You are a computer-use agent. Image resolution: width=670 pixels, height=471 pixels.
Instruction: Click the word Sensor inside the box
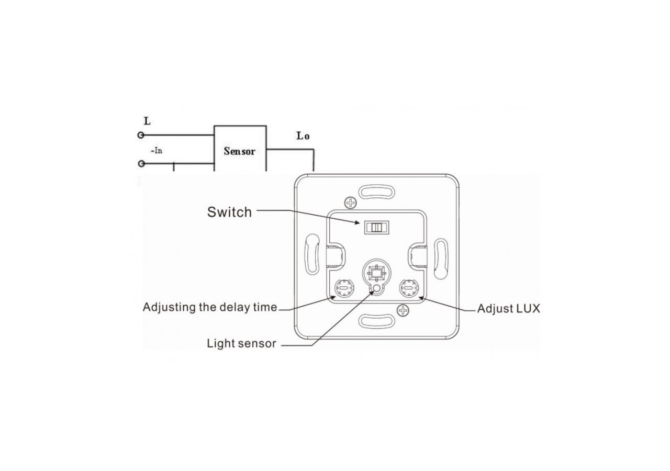(x=240, y=151)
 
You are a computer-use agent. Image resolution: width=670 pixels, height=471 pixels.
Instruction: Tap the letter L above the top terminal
(x=147, y=121)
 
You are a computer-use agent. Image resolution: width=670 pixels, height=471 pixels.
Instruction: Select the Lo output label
(x=303, y=136)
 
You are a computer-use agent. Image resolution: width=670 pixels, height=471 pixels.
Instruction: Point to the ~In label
(x=157, y=151)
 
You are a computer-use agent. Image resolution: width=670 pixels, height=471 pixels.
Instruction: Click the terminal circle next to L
(x=140, y=135)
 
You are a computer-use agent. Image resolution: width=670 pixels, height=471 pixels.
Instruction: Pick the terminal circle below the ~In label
(x=140, y=164)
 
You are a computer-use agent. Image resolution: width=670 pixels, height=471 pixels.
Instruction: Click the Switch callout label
(x=229, y=212)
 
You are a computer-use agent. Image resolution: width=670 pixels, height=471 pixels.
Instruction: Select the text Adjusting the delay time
(x=210, y=307)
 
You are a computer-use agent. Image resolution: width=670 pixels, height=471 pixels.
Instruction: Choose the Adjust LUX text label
(x=508, y=309)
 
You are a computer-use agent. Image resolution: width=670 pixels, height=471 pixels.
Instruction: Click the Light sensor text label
(x=241, y=344)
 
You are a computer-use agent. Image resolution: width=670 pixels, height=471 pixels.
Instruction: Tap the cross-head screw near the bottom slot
(x=403, y=311)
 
